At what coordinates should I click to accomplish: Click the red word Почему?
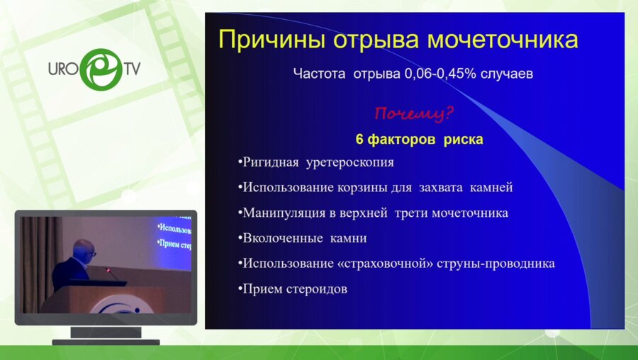tap(414, 113)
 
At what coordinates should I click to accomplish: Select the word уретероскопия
tap(349, 162)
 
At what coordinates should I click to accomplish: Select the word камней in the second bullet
tap(489, 188)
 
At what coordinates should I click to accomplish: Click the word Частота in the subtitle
tap(319, 72)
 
